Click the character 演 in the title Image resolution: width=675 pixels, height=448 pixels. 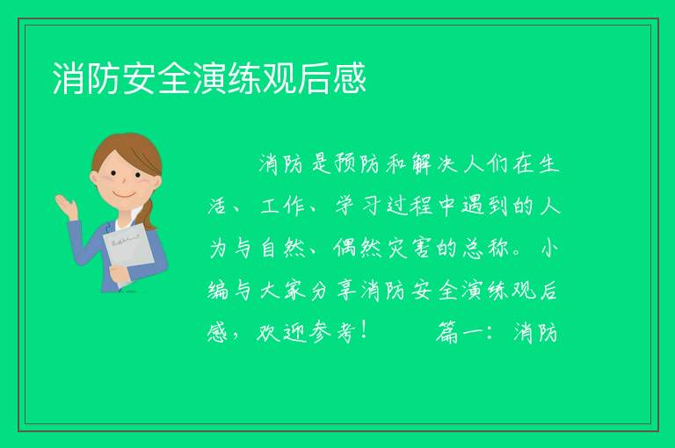pyautogui.click(x=210, y=78)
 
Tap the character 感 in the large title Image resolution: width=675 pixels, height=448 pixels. pyautogui.click(x=350, y=78)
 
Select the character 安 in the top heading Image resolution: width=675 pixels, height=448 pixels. pyautogui.click(x=140, y=78)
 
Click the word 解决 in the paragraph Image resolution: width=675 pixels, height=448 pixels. pyautogui.click(x=433, y=163)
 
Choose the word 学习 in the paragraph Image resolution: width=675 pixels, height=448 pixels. pyautogui.click(x=358, y=206)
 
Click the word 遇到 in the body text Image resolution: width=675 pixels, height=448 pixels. pyautogui.click(x=484, y=206)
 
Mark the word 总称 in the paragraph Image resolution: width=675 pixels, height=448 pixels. pyautogui.click(x=484, y=248)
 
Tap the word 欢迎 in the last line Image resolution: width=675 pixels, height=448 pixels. pyautogui.click(x=281, y=332)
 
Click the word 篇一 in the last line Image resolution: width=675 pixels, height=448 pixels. pyautogui.click(x=459, y=332)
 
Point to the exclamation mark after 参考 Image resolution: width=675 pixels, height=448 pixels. pyautogui.click(x=364, y=331)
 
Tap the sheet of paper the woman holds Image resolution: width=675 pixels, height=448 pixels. pyautogui.click(x=127, y=252)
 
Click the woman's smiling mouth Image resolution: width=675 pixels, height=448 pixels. pyautogui.click(x=124, y=194)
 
